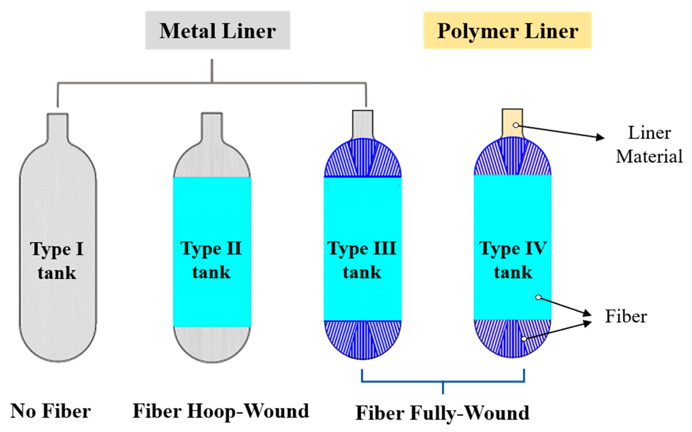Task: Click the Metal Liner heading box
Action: pyautogui.click(x=218, y=30)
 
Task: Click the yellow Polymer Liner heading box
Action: pyautogui.click(x=507, y=30)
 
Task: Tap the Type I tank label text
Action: pyautogui.click(x=57, y=261)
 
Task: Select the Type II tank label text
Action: pyautogui.click(x=211, y=260)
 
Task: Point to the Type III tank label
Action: pyautogui.click(x=362, y=260)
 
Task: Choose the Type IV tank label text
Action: pyautogui.click(x=513, y=260)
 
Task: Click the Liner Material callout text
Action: pyautogui.click(x=649, y=145)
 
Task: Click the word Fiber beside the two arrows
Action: pyautogui.click(x=626, y=317)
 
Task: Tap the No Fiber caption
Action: pyautogui.click(x=51, y=411)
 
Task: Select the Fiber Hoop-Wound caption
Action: pyautogui.click(x=221, y=411)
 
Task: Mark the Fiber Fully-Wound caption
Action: pyautogui.click(x=443, y=413)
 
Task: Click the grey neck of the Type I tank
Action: pyautogui.click(x=58, y=127)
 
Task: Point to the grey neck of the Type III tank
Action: pyautogui.click(x=362, y=124)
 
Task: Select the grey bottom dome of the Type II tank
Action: pyautogui.click(x=212, y=343)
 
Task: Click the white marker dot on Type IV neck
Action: pyautogui.click(x=516, y=125)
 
